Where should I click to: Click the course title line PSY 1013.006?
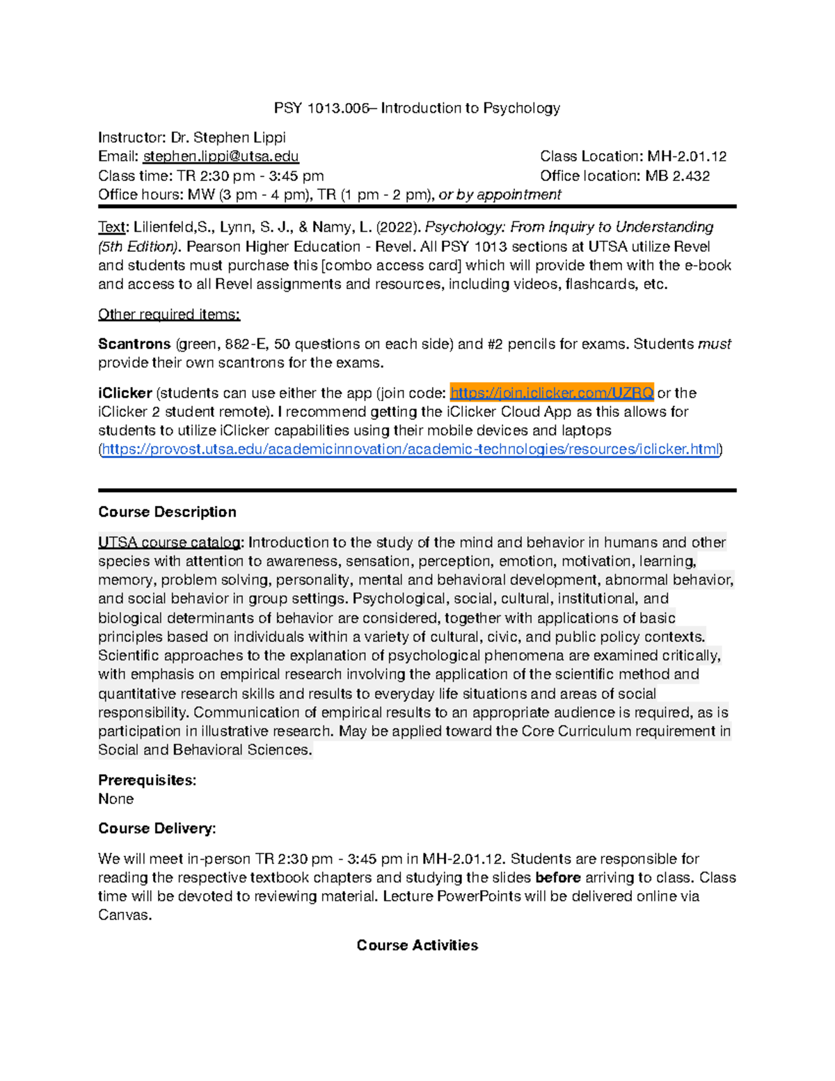click(x=417, y=108)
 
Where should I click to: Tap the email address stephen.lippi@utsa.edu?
click(x=221, y=157)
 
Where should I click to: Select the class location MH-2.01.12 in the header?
click(x=687, y=157)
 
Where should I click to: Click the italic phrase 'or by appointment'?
click(x=500, y=195)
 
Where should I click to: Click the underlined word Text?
click(x=111, y=227)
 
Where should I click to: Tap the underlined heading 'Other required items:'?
click(x=169, y=315)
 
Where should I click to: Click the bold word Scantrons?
click(x=134, y=344)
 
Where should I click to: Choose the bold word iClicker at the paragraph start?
click(x=125, y=393)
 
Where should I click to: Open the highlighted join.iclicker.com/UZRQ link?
click(x=552, y=393)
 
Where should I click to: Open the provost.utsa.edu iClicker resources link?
click(x=411, y=450)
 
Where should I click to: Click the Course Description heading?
click(x=167, y=512)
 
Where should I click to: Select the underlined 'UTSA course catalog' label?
click(x=170, y=543)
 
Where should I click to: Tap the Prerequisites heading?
click(x=147, y=780)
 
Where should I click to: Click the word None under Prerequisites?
click(x=116, y=799)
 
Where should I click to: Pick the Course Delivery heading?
click(x=157, y=829)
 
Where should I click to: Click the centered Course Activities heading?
click(x=417, y=945)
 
